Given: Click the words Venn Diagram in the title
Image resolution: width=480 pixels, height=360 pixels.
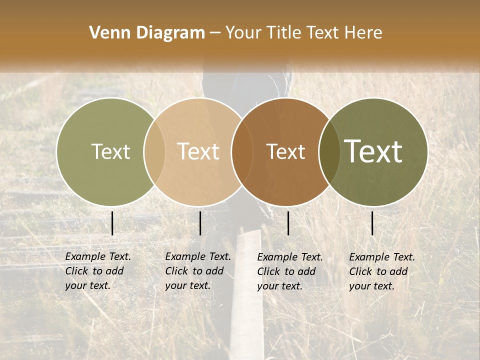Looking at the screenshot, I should [147, 33].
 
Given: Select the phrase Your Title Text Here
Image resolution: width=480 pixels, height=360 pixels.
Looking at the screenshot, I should [303, 33].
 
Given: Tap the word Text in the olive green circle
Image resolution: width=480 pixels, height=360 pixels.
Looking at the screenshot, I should [110, 151].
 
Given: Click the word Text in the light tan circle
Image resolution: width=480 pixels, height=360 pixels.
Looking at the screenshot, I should [198, 151].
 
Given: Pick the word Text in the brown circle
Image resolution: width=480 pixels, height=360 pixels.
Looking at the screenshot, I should [285, 151].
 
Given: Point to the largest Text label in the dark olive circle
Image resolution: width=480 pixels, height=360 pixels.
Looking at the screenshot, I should [373, 151].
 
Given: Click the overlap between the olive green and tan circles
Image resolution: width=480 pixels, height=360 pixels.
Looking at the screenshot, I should [154, 152].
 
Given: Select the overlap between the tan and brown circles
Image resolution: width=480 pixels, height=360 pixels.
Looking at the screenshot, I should [242, 152].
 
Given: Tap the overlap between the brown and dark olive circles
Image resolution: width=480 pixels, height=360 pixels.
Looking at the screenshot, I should [329, 152].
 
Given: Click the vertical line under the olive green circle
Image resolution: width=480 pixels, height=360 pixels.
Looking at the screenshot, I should [112, 223].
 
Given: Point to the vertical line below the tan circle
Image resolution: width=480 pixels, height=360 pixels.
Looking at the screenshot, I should [200, 223].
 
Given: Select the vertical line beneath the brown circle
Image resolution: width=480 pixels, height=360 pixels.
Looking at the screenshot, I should [288, 223].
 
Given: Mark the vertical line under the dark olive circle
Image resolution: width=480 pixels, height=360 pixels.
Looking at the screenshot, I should [372, 223].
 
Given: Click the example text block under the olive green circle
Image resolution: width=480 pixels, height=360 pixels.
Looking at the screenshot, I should [98, 271].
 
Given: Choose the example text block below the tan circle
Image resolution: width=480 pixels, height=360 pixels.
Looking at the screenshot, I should [198, 271].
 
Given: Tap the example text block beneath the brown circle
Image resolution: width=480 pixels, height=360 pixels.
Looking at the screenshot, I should [290, 271].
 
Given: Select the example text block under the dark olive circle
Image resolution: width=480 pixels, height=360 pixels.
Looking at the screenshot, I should [382, 271].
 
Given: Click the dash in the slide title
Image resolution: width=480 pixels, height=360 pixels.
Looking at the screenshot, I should [215, 33].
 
